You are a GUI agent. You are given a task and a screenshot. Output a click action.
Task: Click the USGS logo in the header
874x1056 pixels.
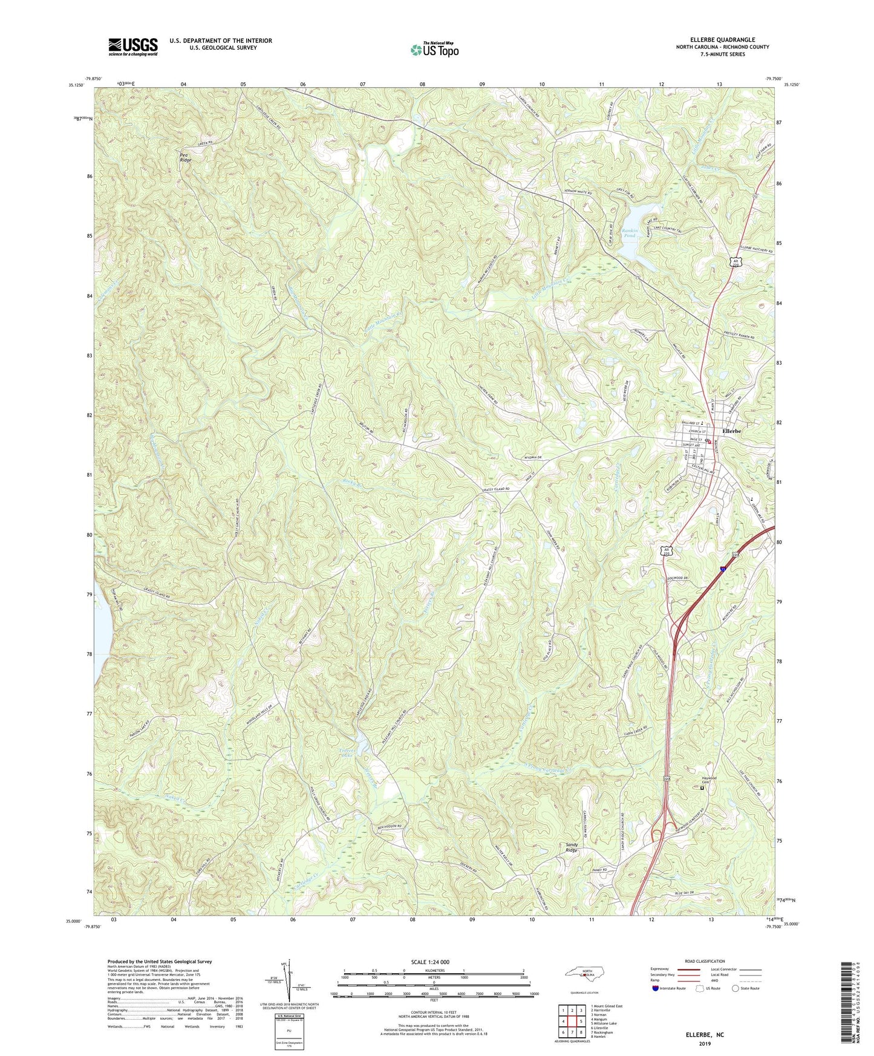pos(132,47)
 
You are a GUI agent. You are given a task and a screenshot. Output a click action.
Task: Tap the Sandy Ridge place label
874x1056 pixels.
pos(571,847)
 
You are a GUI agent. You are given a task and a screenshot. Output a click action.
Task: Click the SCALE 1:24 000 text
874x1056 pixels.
pos(432,962)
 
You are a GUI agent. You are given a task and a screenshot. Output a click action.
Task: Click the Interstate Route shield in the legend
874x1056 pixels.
pos(656,988)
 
